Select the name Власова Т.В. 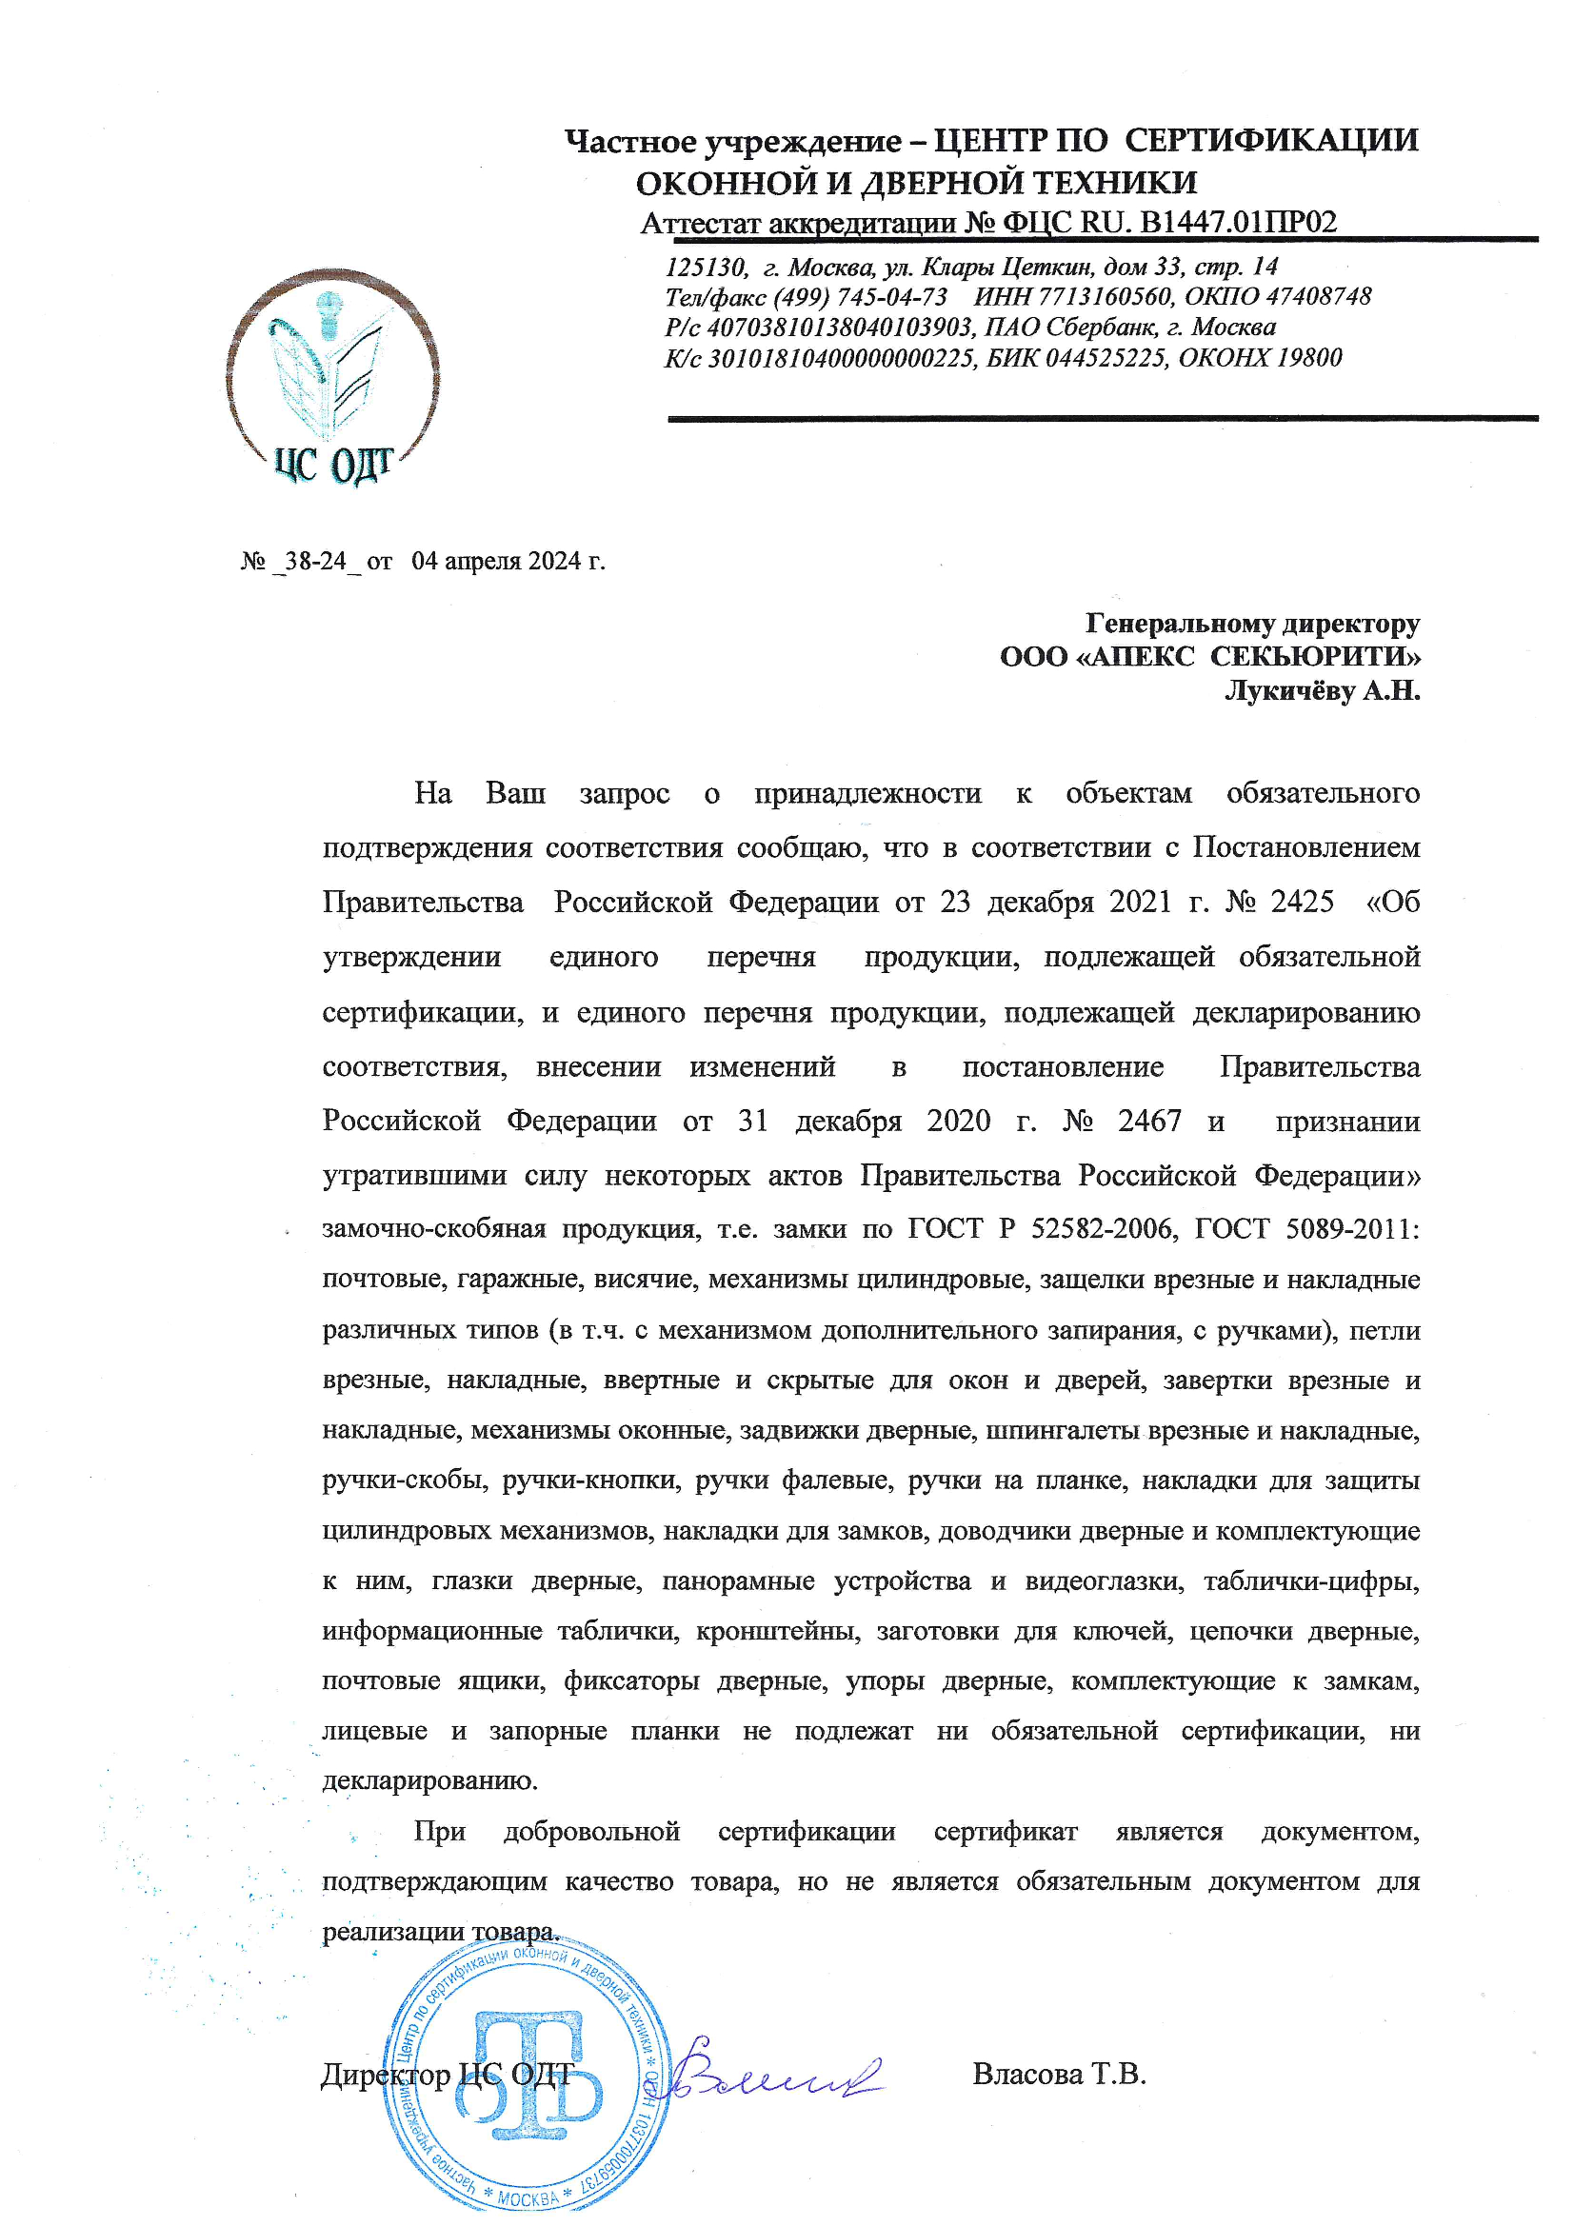[1059, 2075]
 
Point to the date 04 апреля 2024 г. [508, 562]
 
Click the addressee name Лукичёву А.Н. [1322, 690]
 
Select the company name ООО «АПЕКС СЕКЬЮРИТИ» [1209, 656]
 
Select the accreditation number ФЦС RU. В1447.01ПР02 [1168, 223]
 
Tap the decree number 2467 [1149, 1122]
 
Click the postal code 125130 [705, 267]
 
